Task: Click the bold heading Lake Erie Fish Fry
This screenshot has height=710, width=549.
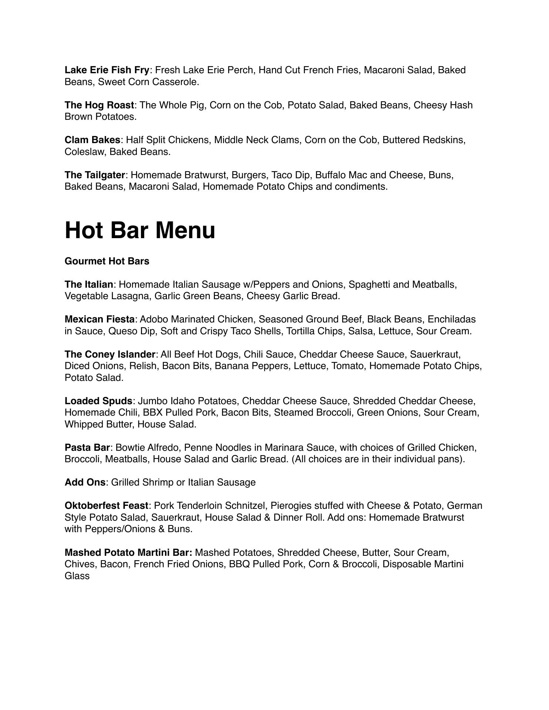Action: (x=107, y=70)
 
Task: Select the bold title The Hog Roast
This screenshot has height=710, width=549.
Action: (x=99, y=105)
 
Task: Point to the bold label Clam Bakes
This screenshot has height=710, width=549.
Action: (x=92, y=140)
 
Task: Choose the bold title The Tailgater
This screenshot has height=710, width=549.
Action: (x=95, y=175)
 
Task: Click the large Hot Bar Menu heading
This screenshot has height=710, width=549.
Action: (x=140, y=230)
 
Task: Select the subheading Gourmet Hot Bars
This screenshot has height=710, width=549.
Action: (x=107, y=261)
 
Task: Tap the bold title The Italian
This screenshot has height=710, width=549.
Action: (x=89, y=285)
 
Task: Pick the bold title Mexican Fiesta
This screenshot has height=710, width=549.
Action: (x=100, y=319)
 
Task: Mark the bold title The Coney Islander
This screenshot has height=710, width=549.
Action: (x=110, y=355)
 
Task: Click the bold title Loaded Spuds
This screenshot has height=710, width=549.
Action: (x=98, y=401)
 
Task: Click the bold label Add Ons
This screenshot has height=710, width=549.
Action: (x=85, y=483)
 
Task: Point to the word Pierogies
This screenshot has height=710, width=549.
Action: (x=291, y=506)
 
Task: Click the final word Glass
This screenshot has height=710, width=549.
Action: (x=77, y=576)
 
